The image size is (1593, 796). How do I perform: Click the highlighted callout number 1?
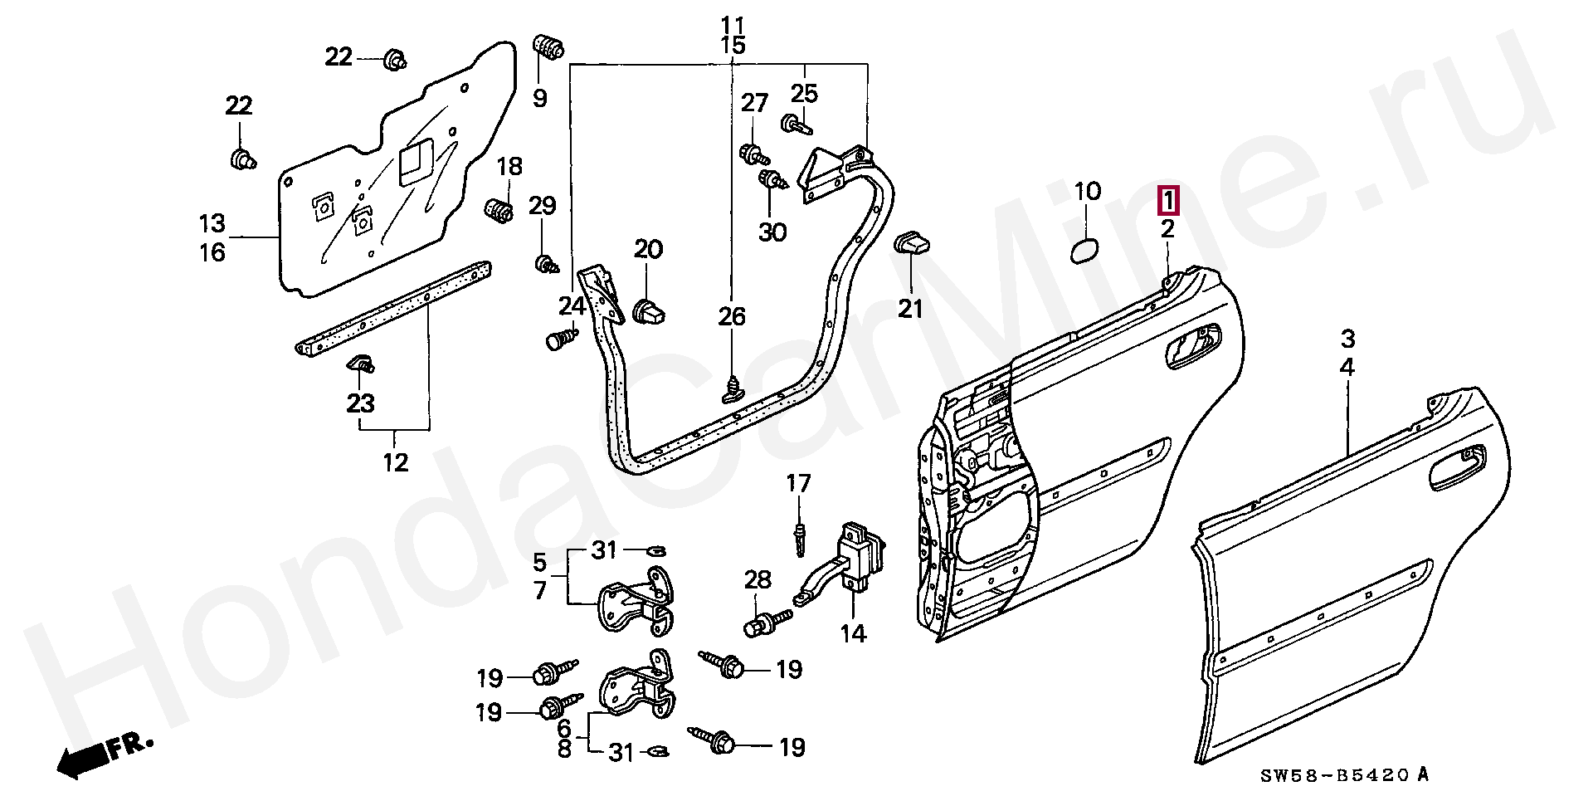click(1167, 200)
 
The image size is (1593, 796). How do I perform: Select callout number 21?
click(910, 310)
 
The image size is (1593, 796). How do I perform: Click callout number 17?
click(798, 483)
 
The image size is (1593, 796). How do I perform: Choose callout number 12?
click(395, 462)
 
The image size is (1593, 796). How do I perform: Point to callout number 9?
click(540, 99)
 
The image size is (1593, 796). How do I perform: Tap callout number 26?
click(732, 316)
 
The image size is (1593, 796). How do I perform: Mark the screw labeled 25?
click(796, 125)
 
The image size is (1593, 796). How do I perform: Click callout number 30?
click(772, 232)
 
